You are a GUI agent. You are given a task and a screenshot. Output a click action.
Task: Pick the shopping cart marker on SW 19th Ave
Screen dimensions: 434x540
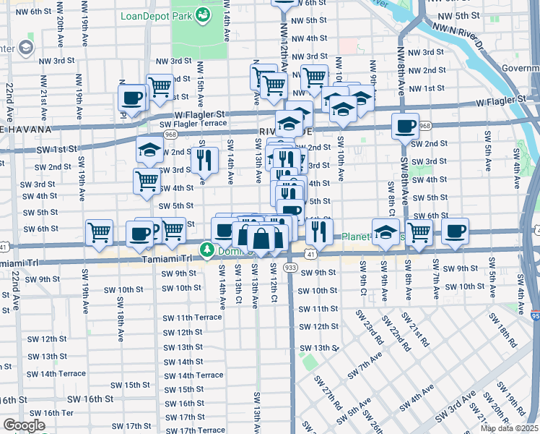click(98, 232)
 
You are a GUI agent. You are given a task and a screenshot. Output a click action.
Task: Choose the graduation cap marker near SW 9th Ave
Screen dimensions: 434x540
click(386, 232)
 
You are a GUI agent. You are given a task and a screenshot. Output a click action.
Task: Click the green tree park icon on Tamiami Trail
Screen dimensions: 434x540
click(207, 250)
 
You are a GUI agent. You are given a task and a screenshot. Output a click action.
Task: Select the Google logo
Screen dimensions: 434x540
click(24, 425)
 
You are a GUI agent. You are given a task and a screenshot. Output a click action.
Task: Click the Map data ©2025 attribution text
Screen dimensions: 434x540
click(508, 428)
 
